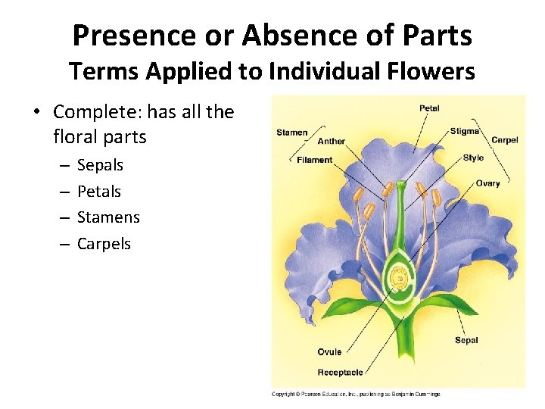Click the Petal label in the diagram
click(429, 108)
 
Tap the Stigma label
click(465, 131)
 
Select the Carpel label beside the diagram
click(505, 140)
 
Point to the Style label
click(473, 158)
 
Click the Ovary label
click(487, 183)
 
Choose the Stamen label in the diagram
click(291, 133)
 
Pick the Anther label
click(332, 141)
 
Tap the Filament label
click(314, 160)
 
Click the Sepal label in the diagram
click(466, 340)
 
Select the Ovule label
click(329, 352)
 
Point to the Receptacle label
click(340, 372)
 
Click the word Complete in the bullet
click(96, 112)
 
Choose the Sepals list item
click(100, 165)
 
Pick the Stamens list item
click(108, 217)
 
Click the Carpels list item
click(104, 244)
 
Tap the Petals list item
click(99, 192)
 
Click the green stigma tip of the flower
click(400, 184)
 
